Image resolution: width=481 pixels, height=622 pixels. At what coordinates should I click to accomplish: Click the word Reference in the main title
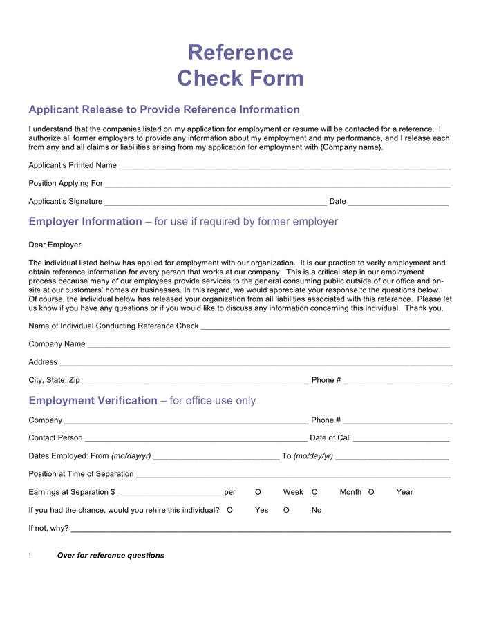240,53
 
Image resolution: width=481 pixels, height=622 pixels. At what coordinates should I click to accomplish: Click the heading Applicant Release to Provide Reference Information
164,110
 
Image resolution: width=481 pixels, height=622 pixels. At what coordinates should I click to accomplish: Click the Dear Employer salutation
55,245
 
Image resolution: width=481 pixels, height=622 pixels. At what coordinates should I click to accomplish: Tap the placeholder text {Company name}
350,147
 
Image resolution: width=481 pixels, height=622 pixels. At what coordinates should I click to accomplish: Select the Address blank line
256,364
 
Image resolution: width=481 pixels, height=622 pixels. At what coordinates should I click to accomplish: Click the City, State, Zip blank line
195,381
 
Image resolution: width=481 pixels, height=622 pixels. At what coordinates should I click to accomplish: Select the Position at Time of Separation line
293,475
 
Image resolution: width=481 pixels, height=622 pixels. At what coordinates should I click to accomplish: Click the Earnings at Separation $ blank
169,493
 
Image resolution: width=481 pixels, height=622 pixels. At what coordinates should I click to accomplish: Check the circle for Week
258,492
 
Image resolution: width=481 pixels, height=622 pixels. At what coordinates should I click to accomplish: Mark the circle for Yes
229,510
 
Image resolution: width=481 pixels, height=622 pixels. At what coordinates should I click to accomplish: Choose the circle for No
286,510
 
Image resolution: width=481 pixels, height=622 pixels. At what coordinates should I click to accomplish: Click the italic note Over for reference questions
111,556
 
